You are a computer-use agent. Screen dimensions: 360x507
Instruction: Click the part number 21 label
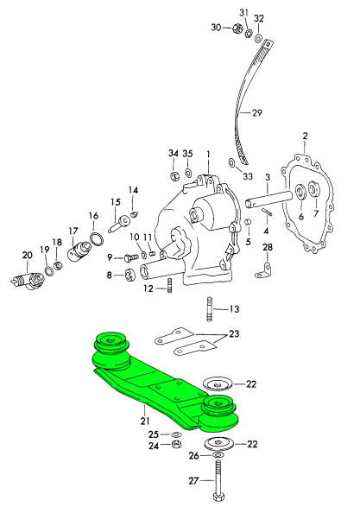tap(145, 421)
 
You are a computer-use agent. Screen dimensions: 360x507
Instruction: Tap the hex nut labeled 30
tap(237, 29)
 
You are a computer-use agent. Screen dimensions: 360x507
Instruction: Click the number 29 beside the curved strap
tap(257, 113)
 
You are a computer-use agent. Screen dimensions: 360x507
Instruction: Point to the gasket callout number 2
tap(305, 136)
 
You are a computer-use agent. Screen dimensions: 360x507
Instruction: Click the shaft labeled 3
tap(268, 200)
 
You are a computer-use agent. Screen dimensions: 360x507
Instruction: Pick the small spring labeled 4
tap(268, 212)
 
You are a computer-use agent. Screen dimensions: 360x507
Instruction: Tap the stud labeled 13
tap(210, 309)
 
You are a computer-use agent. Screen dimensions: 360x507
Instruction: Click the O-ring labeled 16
tap(97, 239)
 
